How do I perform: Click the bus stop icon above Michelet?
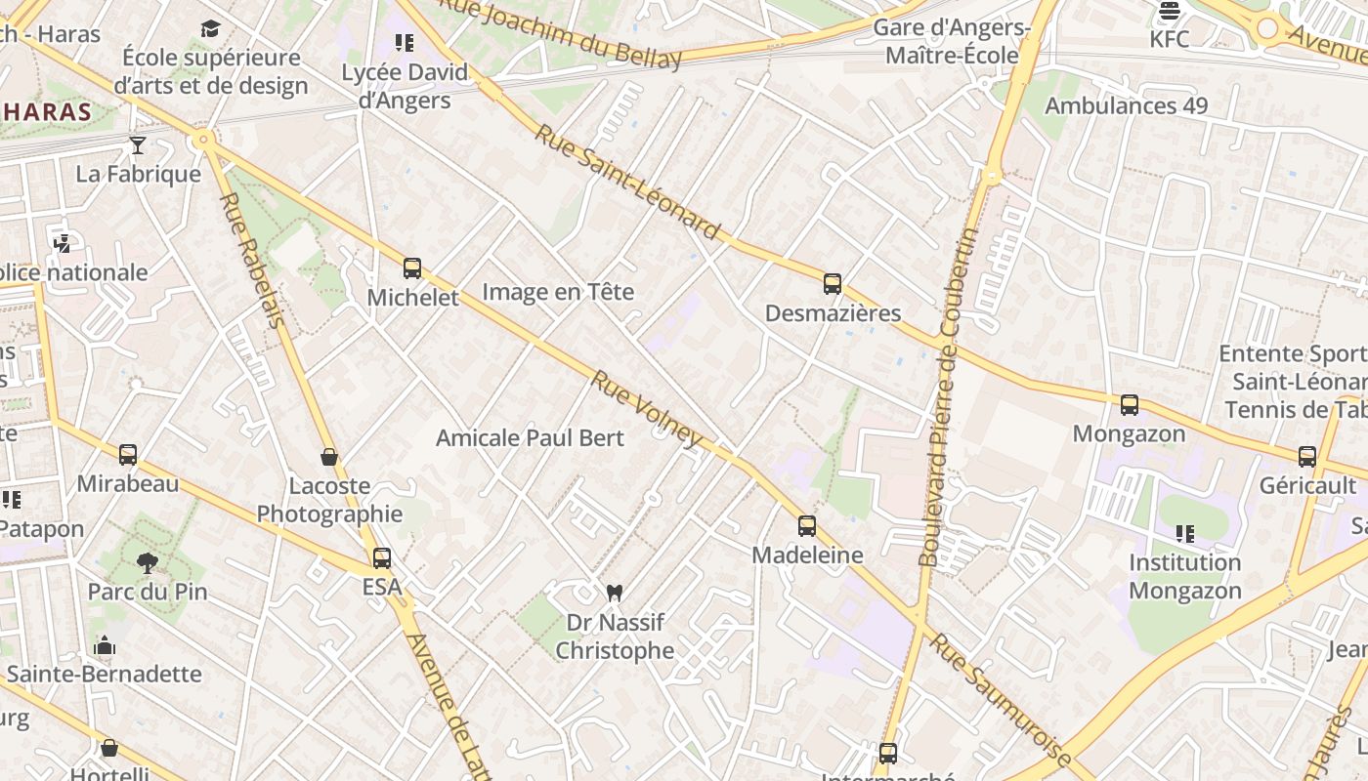pyautogui.click(x=412, y=268)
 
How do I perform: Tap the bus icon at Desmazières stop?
pyautogui.click(x=833, y=284)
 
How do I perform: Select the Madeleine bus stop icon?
pyautogui.click(x=807, y=526)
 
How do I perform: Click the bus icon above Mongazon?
pyautogui.click(x=1130, y=405)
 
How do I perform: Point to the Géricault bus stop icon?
pyautogui.click(x=1307, y=457)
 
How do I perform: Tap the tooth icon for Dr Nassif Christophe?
pyautogui.click(x=615, y=592)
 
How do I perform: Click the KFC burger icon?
pyautogui.click(x=1170, y=12)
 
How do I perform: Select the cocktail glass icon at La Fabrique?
pyautogui.click(x=138, y=145)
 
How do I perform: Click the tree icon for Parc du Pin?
pyautogui.click(x=148, y=562)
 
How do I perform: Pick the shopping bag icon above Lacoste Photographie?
pyautogui.click(x=329, y=457)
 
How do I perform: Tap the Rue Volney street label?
pyautogui.click(x=647, y=408)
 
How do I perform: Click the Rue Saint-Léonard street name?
pyautogui.click(x=627, y=183)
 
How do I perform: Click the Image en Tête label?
pyautogui.click(x=558, y=292)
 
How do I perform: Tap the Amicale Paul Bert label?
pyautogui.click(x=530, y=437)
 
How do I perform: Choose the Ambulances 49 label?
pyautogui.click(x=1127, y=105)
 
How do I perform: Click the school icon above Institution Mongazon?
pyautogui.click(x=1185, y=533)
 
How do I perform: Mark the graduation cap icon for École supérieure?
pyautogui.click(x=211, y=28)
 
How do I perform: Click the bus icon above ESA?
pyautogui.click(x=382, y=558)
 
